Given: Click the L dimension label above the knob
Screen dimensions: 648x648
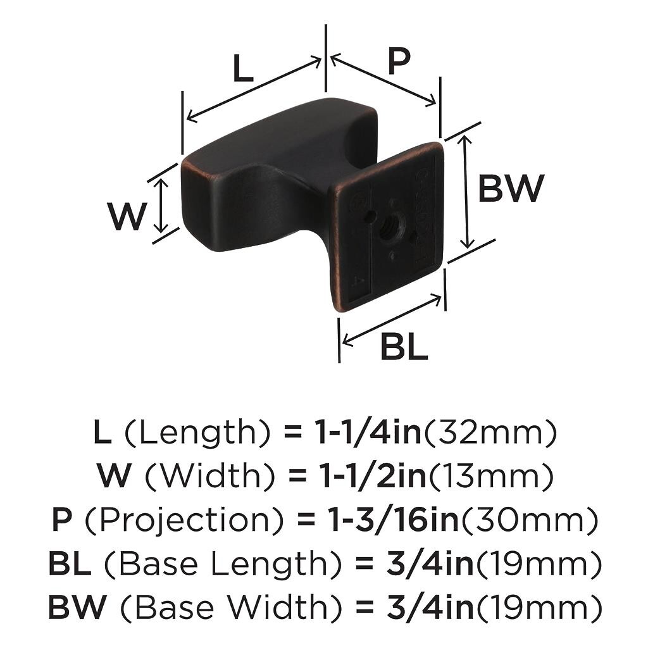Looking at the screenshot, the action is click(x=243, y=68).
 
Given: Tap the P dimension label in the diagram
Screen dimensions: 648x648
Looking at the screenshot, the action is click(x=399, y=61).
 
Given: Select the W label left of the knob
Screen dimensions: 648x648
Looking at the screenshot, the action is click(x=127, y=216).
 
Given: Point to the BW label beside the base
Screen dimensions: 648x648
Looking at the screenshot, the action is click(x=511, y=189).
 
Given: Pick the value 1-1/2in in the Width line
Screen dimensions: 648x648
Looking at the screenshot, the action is click(x=373, y=476).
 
